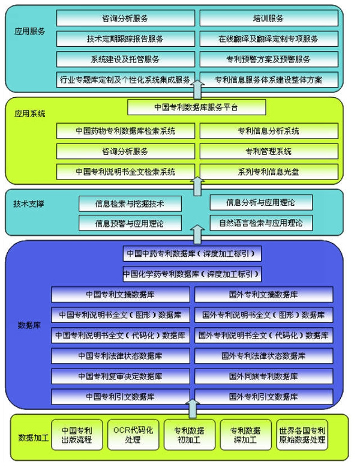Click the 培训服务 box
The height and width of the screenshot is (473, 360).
pos(269,18)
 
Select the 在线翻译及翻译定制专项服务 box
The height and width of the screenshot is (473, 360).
pos(269,38)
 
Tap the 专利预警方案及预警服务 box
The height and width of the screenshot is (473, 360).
pos(269,59)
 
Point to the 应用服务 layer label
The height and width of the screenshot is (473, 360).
pos(29,31)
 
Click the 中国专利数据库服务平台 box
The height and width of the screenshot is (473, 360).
pos(197,107)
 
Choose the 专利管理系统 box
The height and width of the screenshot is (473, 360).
pos(269,151)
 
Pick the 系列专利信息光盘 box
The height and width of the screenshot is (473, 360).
pos(269,172)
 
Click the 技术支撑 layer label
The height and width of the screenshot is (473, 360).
pos(29,203)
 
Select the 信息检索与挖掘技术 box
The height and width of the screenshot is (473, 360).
pos(130,203)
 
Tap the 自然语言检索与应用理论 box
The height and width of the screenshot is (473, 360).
pos(261,223)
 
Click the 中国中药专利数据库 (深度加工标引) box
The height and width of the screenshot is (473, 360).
pos(192,253)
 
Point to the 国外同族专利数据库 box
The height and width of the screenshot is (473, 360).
pos(264,376)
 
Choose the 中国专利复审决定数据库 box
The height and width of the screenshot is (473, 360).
pos(121,376)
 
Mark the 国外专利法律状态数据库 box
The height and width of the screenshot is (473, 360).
pos(264,356)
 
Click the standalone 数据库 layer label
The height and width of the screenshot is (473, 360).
pos(29,325)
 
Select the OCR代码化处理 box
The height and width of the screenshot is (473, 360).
pos(133,435)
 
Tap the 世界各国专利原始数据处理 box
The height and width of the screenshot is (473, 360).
pos(302,435)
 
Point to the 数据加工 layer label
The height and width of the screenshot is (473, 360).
pos(33,438)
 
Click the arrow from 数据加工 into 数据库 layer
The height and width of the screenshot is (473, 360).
pos(192,408)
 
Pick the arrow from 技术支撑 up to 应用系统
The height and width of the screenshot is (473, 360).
pos(197,186)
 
